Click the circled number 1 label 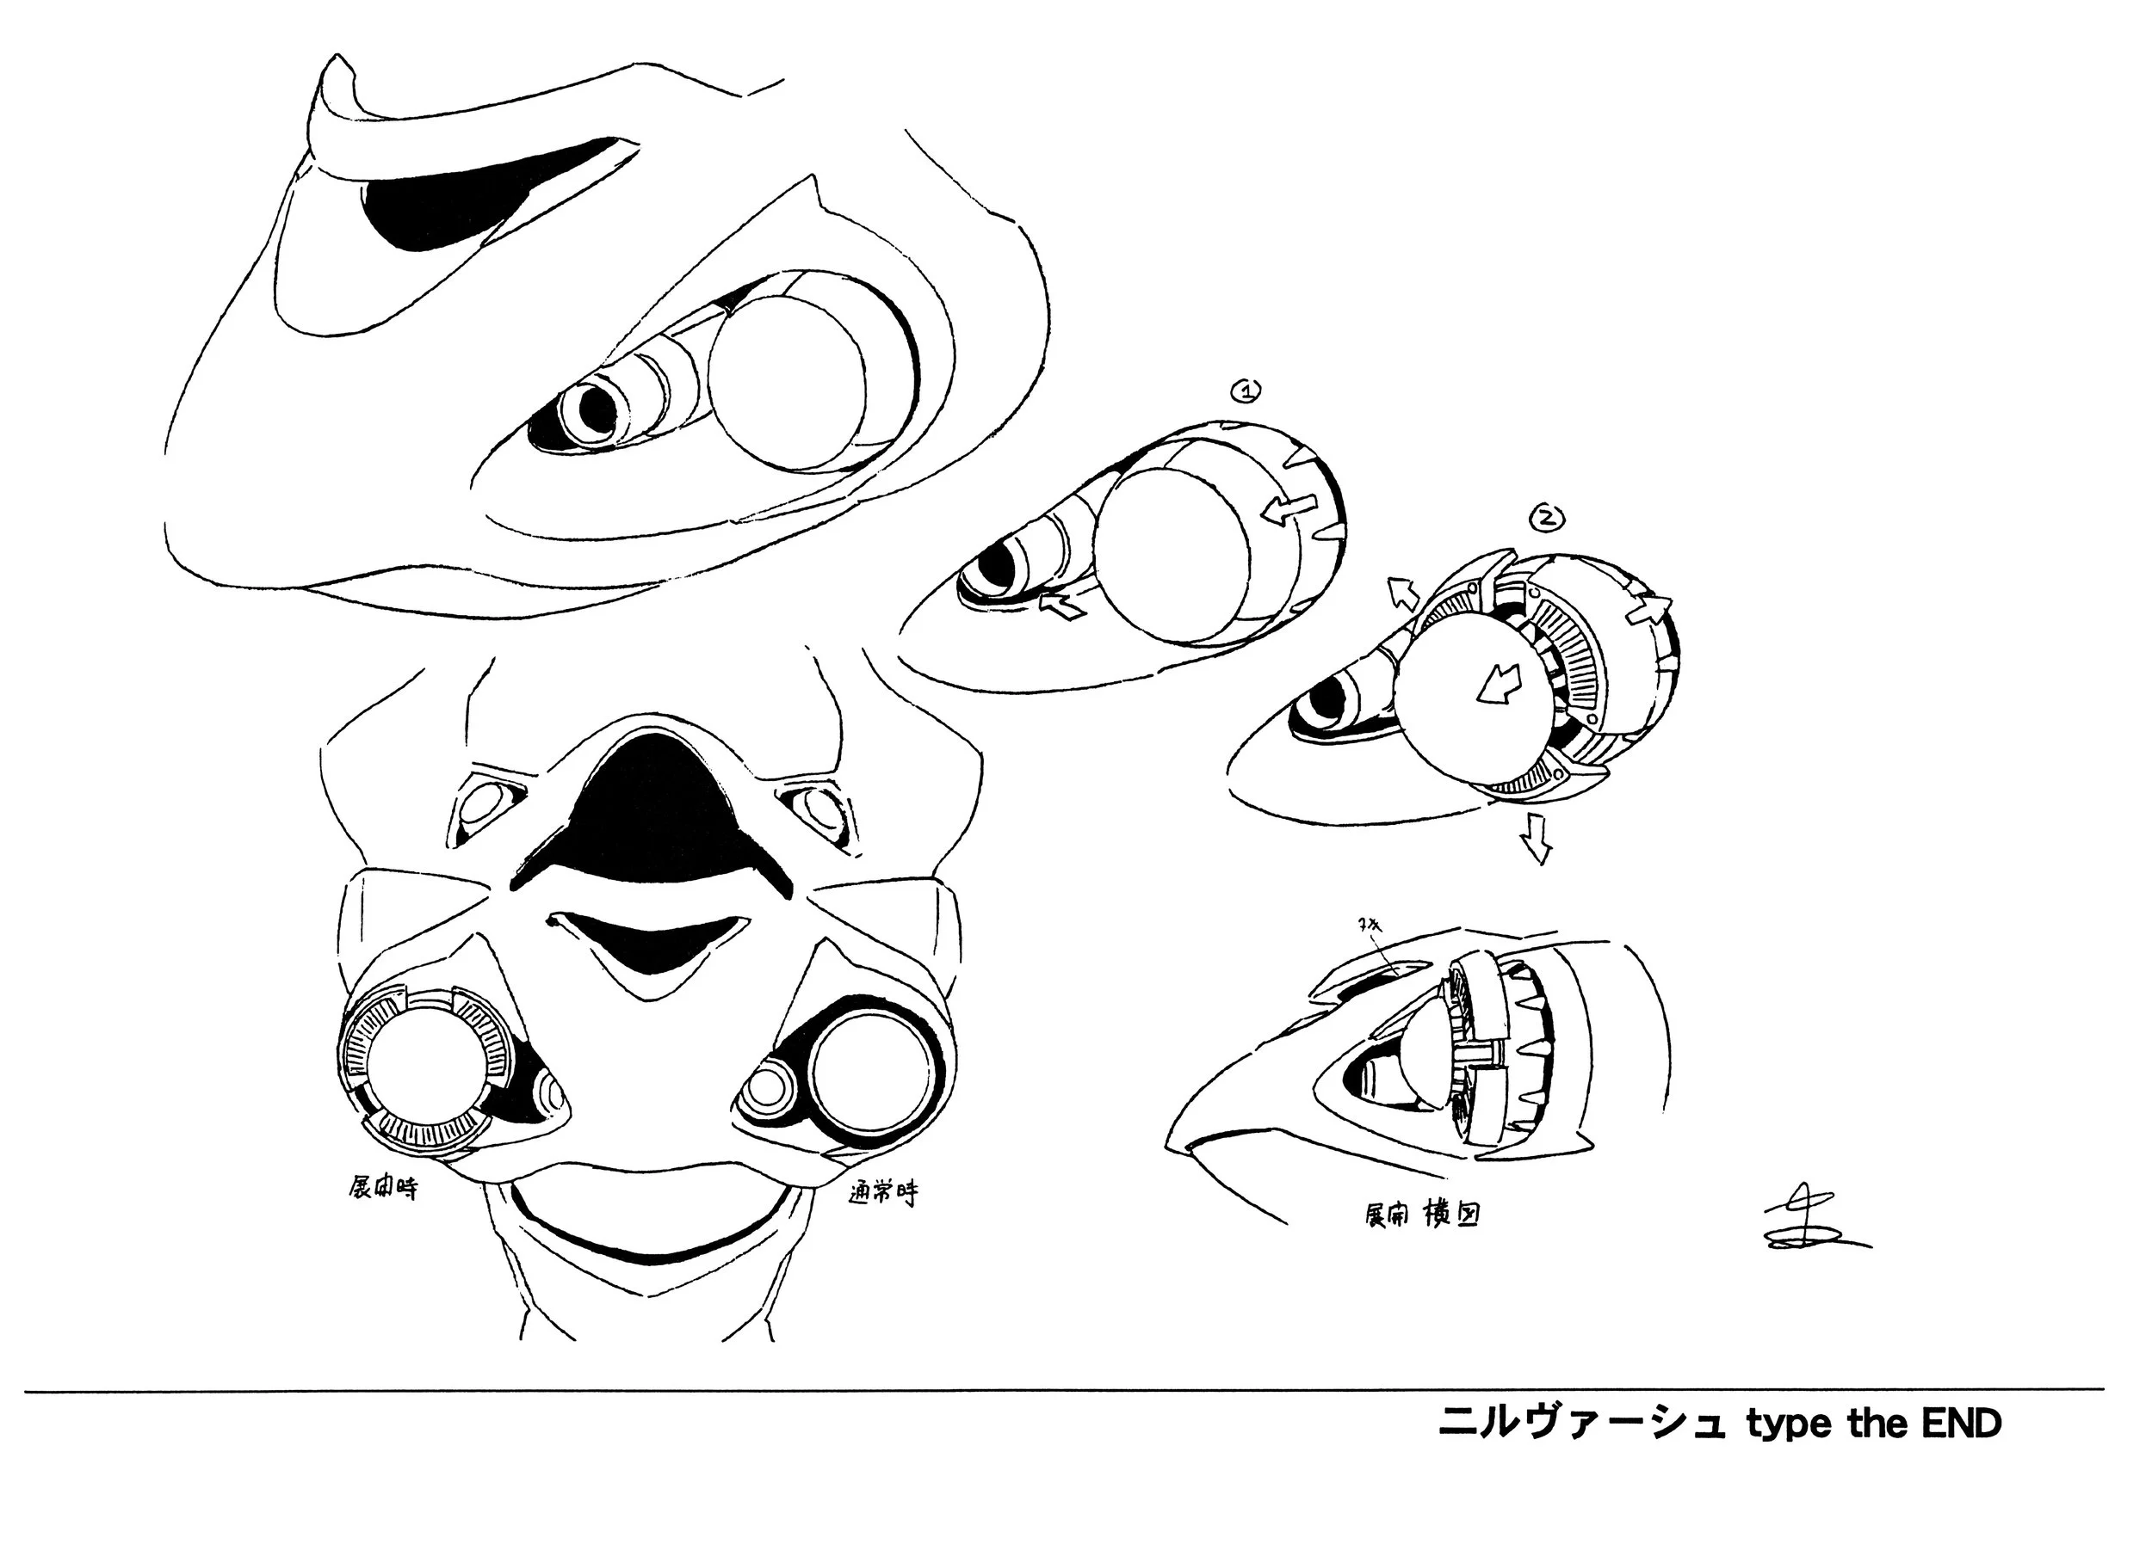[x=1245, y=390]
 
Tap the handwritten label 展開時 [x=381, y=1189]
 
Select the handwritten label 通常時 [x=882, y=1194]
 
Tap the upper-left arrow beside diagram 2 [x=1402, y=593]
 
